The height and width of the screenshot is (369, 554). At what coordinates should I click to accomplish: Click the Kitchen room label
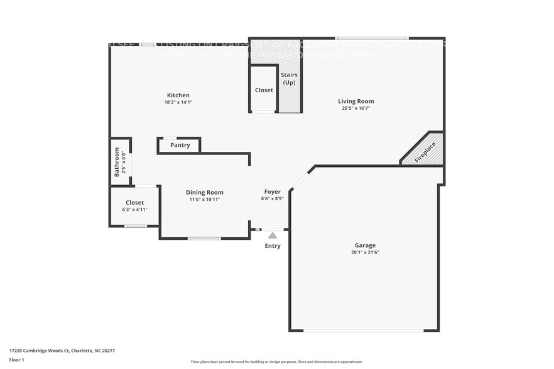tap(178, 95)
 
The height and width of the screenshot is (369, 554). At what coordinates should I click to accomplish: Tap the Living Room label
tap(356, 101)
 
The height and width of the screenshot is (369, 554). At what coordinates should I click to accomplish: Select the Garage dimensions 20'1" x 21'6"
tap(365, 252)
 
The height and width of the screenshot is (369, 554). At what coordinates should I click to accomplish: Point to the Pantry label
tap(180, 146)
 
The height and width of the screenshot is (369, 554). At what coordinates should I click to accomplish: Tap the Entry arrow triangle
tap(273, 235)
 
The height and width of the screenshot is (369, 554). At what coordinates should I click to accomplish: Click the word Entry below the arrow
tap(273, 246)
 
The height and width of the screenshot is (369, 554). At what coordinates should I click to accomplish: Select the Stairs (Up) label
tap(289, 79)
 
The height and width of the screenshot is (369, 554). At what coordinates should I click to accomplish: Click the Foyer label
tap(272, 192)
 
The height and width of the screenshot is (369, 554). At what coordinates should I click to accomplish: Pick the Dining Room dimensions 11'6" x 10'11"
tap(204, 200)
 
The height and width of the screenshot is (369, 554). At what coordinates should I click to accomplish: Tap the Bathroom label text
tap(116, 161)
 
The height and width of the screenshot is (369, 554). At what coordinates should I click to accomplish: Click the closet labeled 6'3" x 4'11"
tap(134, 206)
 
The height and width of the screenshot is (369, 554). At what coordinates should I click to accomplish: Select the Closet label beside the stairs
tap(264, 90)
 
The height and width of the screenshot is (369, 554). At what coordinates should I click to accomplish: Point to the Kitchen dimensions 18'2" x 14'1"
tap(178, 102)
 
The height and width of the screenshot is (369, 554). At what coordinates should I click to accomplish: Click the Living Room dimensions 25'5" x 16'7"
tap(356, 108)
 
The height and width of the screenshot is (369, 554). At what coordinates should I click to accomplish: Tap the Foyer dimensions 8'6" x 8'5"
tap(272, 199)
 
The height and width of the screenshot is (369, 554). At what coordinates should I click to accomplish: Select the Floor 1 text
tap(16, 360)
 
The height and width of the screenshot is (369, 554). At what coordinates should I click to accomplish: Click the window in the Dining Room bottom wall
tap(204, 238)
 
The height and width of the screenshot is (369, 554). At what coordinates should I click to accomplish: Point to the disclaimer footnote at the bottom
tap(276, 361)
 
